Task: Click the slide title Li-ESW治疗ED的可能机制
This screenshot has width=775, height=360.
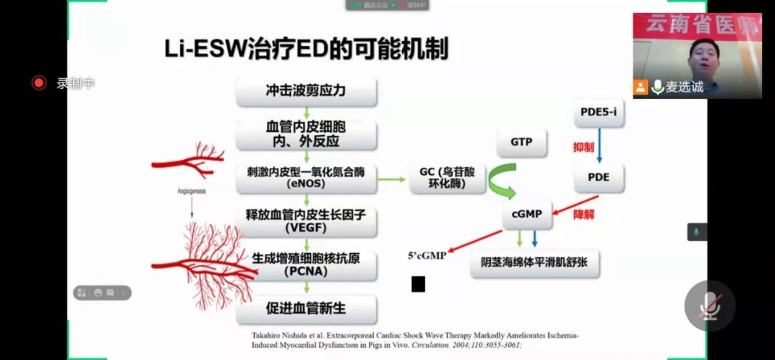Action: pos(306,49)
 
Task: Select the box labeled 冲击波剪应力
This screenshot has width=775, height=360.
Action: pos(306,91)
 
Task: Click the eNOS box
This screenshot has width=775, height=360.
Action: pos(306,177)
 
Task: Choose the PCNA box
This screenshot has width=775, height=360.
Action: pos(306,265)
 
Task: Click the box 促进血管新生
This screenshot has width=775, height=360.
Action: pos(306,308)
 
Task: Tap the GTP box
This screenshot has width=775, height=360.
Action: pos(522,142)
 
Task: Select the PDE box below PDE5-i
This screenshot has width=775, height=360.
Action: pos(598,176)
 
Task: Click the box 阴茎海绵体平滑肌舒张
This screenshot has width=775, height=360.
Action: pos(535,263)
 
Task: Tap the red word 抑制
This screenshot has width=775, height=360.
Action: pos(583,147)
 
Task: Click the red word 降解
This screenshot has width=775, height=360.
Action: pos(583,214)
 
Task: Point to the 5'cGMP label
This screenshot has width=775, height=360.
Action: pos(427,255)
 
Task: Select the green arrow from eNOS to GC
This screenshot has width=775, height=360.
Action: pos(392,178)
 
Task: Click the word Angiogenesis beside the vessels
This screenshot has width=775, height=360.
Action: pos(192,191)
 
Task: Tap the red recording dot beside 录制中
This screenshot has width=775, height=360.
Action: pos(39,83)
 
